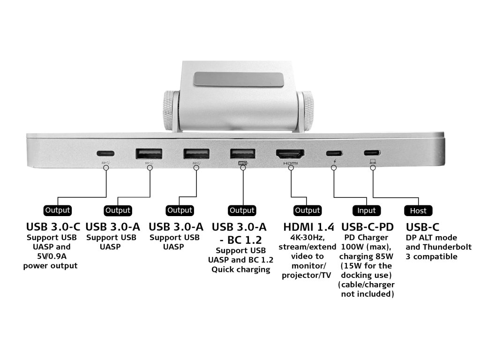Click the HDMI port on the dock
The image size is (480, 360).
point(290,154)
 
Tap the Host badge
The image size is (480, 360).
point(418,210)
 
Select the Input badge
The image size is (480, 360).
point(367,210)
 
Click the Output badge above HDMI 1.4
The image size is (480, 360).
point(307,210)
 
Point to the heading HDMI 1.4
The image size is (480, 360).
point(308,227)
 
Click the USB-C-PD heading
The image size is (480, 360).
point(367,227)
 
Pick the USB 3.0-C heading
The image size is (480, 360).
point(53,227)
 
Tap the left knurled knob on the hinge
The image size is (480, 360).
point(170,111)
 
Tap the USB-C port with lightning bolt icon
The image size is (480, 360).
point(334,153)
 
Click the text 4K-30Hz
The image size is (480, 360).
point(307,238)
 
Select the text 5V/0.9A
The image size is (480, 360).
point(51,256)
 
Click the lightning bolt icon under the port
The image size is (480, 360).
point(334,162)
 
